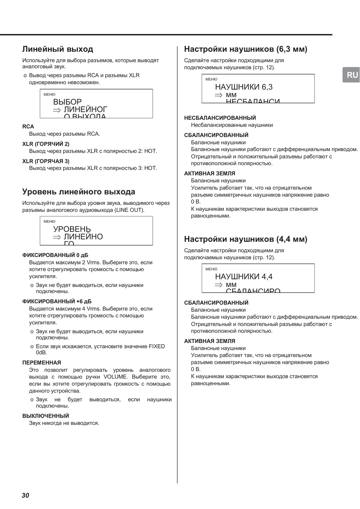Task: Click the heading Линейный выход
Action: [58, 49]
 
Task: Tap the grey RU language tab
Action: [352, 75]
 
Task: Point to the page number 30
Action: [25, 495]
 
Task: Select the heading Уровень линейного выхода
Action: [79, 192]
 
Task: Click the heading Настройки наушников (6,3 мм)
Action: [246, 49]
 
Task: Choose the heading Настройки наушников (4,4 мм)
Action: [246, 239]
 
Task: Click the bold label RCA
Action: [28, 127]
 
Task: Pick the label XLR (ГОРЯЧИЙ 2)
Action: [46, 144]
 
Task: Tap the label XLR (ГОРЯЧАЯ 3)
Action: [46, 161]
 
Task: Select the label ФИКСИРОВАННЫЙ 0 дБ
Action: [55, 255]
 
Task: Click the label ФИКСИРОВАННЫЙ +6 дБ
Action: [57, 302]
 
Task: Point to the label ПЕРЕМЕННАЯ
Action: [42, 363]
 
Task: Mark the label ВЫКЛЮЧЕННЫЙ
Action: [45, 416]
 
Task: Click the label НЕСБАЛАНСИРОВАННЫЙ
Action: [220, 118]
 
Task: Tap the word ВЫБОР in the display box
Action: [67, 102]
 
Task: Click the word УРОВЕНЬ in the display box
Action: [72, 229]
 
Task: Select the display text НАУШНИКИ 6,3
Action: [244, 87]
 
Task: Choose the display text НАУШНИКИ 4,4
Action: [244, 277]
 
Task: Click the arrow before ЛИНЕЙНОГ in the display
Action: [57, 110]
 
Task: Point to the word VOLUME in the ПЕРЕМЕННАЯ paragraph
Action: [115, 377]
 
